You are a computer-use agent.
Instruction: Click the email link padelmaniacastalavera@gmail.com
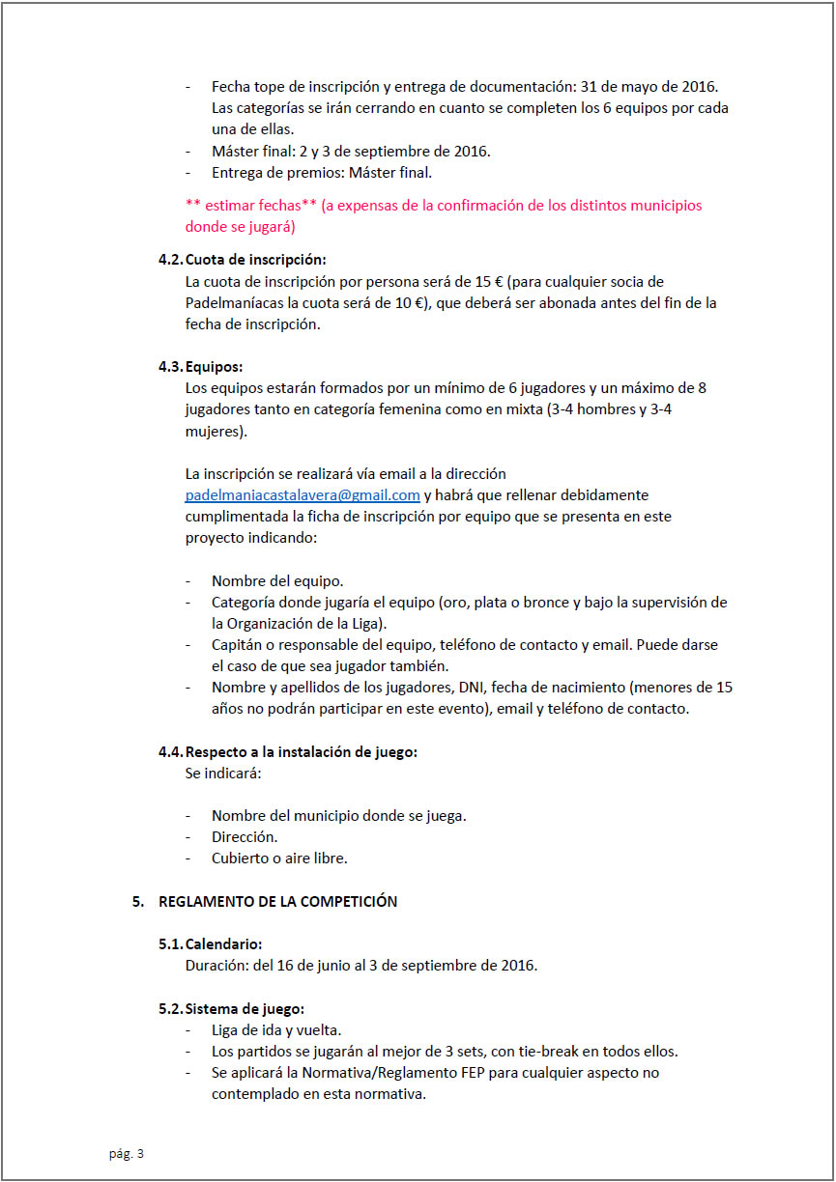303,495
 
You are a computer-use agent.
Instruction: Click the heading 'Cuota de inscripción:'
255,260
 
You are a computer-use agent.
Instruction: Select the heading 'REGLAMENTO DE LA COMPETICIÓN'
277,902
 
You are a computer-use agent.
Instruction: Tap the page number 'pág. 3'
126,1153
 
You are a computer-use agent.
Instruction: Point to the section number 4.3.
170,367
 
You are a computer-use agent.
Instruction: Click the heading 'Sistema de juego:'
245,1009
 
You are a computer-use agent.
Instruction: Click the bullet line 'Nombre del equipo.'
277,581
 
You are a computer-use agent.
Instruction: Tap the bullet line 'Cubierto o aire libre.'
279,858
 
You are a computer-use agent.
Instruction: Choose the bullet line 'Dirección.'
245,836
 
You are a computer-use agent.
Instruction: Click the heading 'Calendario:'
223,943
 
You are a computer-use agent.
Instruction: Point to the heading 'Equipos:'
214,367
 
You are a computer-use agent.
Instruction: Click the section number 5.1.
170,943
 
